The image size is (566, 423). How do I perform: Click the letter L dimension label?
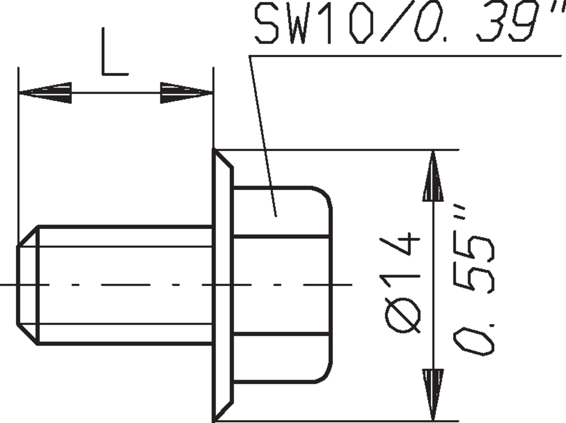[114, 53]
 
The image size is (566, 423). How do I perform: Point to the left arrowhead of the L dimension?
[45, 93]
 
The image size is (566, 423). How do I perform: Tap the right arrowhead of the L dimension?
[187, 93]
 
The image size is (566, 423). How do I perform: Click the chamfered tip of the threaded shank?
[28, 285]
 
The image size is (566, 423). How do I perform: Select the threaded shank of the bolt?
[125, 285]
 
